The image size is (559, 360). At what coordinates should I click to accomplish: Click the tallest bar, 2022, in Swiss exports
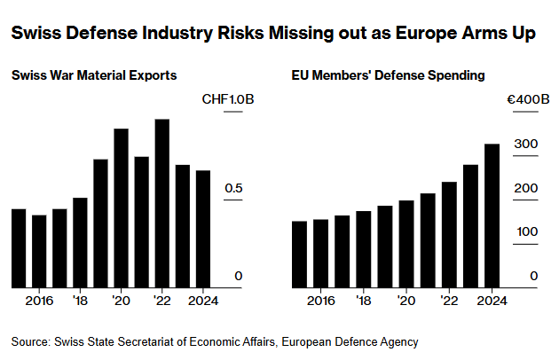click(161, 203)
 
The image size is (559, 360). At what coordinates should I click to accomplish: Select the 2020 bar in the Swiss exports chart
click(121, 208)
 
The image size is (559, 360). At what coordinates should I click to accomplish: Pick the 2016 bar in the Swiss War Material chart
click(39, 251)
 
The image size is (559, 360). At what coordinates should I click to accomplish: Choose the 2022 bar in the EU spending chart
click(449, 234)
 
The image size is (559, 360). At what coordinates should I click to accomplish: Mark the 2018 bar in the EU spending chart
click(364, 249)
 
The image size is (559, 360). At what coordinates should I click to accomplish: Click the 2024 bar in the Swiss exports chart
click(203, 229)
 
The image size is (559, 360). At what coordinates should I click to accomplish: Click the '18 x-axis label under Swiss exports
click(80, 301)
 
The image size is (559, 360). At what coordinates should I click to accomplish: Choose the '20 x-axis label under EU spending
click(406, 301)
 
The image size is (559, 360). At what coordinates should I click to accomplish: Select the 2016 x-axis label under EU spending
click(321, 301)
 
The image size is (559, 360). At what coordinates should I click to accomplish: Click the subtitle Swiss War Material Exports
click(94, 76)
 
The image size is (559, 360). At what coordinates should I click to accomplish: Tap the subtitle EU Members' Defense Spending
click(388, 76)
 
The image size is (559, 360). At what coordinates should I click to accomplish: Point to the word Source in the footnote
click(29, 341)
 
